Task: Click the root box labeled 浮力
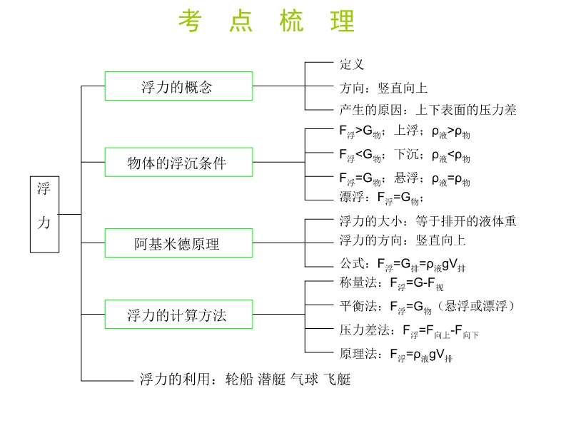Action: (44, 215)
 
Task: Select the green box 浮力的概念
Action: (178, 86)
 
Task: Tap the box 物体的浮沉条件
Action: (178, 162)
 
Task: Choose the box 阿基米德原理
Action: (178, 243)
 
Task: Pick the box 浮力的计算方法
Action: (178, 314)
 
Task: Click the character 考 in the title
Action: (190, 21)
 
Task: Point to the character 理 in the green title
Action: (343, 21)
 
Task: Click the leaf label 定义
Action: (352, 64)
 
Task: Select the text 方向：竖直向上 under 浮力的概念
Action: (383, 88)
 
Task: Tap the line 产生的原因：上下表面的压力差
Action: (428, 110)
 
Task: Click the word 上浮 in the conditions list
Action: (406, 130)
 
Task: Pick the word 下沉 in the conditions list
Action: (406, 154)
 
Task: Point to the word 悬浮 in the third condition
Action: (406, 178)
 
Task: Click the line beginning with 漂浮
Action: (381, 198)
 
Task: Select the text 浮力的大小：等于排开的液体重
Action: (428, 221)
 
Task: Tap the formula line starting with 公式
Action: (403, 264)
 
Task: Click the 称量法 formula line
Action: (391, 283)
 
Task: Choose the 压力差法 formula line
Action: (409, 331)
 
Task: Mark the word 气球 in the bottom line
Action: (304, 379)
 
